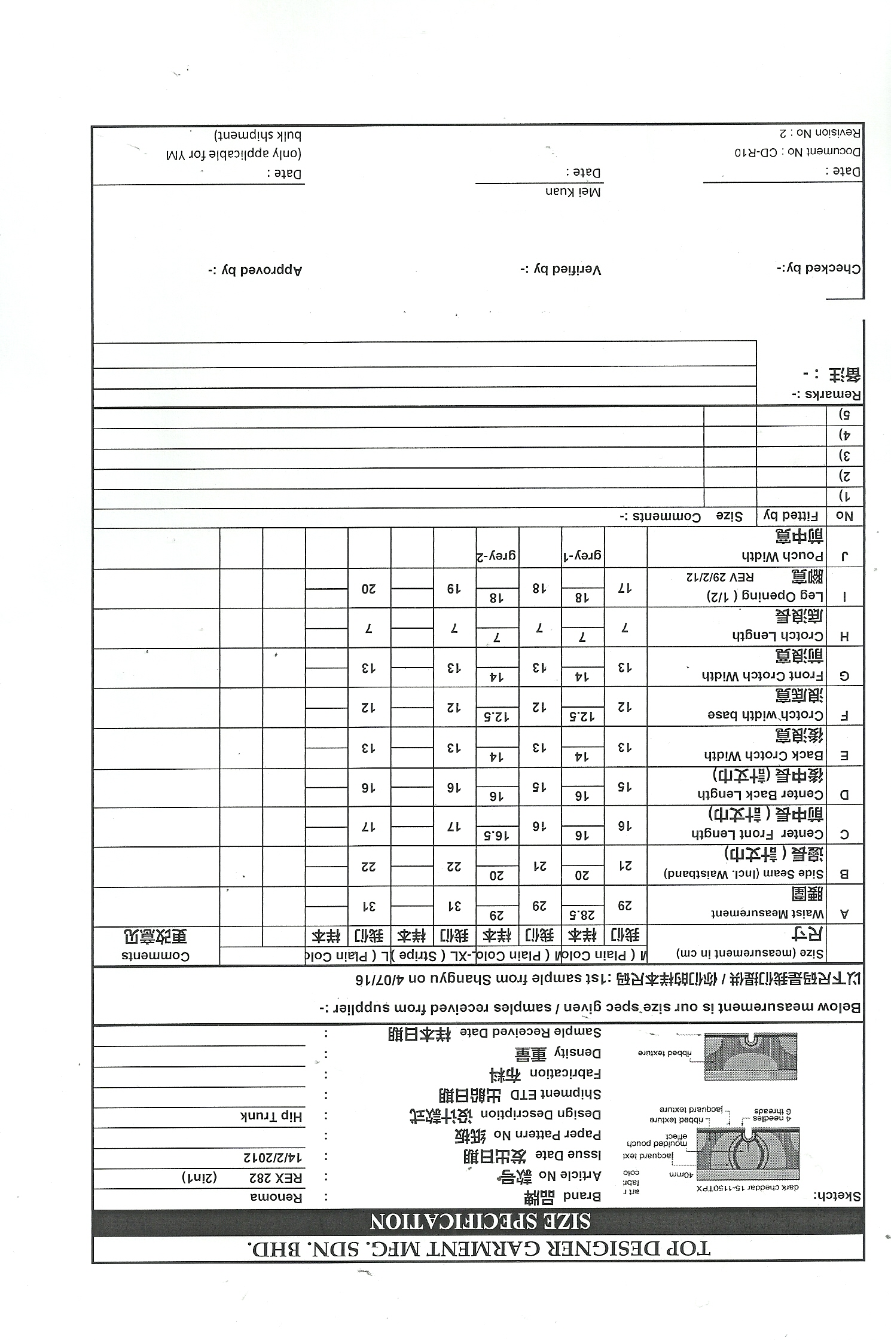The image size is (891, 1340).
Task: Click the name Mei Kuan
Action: pos(572,192)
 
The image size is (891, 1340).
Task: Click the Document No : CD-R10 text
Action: pos(798,152)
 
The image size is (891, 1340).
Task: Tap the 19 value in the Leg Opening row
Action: pos(454,588)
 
